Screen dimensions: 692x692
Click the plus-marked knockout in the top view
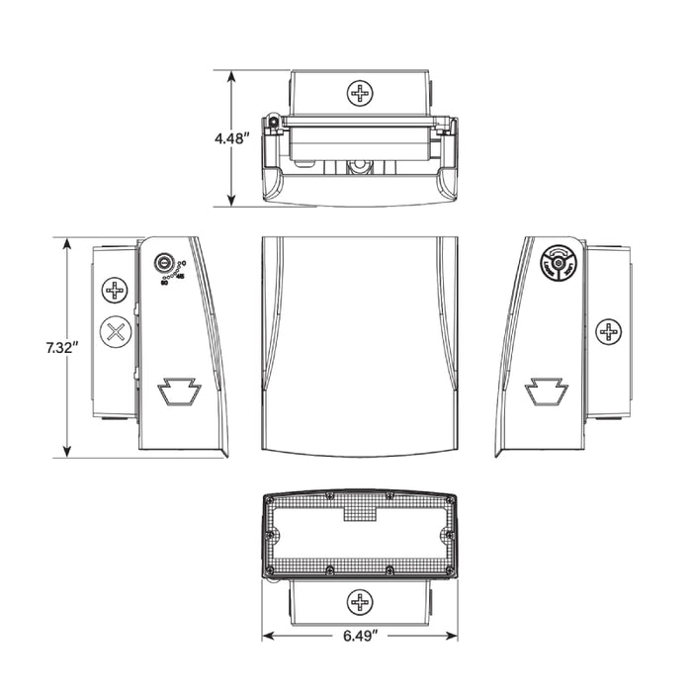pos(359,94)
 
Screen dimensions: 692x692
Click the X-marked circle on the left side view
pos(118,331)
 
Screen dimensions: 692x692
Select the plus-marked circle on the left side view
pos(117,291)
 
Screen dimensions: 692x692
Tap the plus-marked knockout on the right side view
pos(609,332)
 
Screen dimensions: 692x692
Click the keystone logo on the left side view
pos(180,392)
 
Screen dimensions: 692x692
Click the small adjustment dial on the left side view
pos(165,264)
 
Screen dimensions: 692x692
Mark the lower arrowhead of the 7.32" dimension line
pos(66,455)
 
